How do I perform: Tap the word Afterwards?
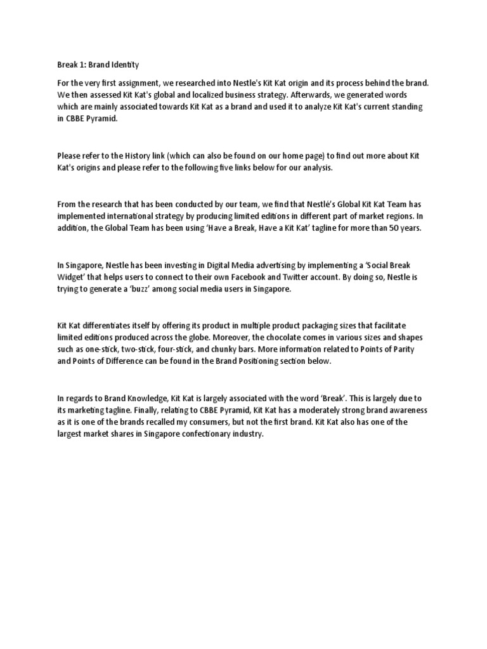coord(292,95)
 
